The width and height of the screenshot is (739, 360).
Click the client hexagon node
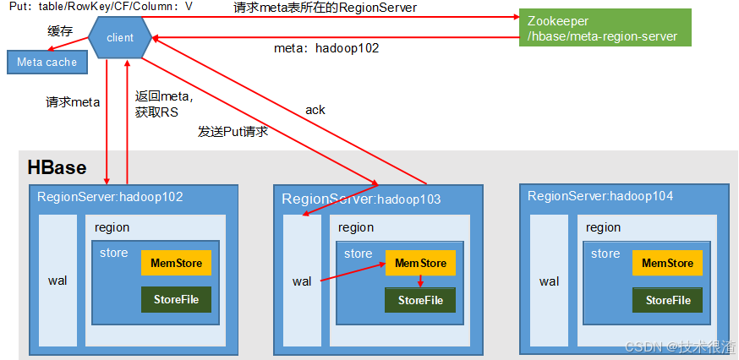pos(120,38)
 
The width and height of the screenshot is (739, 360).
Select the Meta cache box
pos(47,62)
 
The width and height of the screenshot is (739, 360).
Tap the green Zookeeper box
pos(605,28)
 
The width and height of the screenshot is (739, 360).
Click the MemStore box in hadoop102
pos(176,263)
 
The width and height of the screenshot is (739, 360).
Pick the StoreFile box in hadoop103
pos(420,300)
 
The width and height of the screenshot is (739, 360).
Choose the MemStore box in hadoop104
pos(667,263)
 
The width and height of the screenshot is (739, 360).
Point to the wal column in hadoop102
pos(57,280)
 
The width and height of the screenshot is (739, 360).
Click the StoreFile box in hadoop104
pos(667,300)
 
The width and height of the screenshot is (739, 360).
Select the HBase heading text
pos(57,167)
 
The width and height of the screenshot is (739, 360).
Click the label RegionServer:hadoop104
pos(600,196)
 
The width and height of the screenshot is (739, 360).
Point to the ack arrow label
pos(315,110)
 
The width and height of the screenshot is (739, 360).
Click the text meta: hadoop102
pos(326,48)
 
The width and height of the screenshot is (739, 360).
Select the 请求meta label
pos(73,102)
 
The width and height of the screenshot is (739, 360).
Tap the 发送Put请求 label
pos(233,131)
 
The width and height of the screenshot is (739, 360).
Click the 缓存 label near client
pos(60,30)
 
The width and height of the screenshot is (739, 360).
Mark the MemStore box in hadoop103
pos(420,263)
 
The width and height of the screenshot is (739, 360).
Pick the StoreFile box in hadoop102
pos(176,299)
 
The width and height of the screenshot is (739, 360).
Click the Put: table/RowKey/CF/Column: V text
pos(101,6)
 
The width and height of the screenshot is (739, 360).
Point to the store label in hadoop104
pos(605,254)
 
